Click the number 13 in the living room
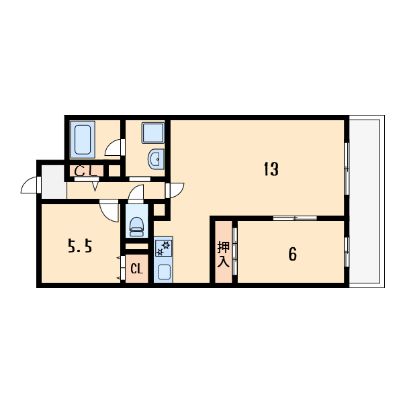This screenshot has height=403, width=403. point(270,169)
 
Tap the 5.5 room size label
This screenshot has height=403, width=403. point(79,247)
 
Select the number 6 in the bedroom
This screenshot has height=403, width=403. point(292,254)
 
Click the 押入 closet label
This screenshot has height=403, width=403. point(223,254)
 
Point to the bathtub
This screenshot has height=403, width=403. point(84,140)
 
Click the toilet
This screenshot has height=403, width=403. point(136,224)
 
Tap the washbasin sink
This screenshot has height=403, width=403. point(155,159)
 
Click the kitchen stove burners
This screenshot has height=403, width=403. point(163,248)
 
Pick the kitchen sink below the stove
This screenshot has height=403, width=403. point(163,271)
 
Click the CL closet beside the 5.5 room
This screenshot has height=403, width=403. point(136,269)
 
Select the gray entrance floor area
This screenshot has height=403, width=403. point(54,182)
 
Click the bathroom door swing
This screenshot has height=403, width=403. point(114,147)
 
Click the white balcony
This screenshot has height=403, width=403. point(367,201)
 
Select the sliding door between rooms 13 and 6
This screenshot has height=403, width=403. point(295,218)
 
